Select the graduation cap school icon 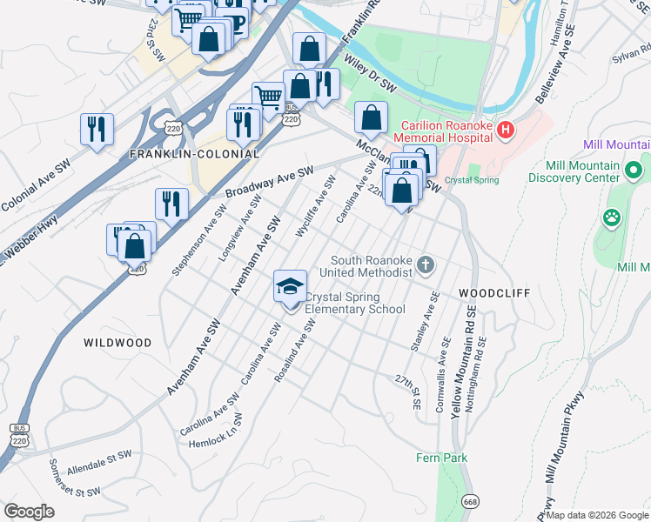[x=291, y=286]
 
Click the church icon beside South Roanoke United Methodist [x=426, y=264]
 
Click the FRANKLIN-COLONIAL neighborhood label [x=194, y=154]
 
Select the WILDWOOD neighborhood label [x=117, y=343]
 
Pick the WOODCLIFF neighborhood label [x=494, y=294]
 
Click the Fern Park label [x=442, y=458]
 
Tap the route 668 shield [x=471, y=501]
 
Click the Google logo [x=29, y=512]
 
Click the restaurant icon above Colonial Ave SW [x=97, y=130]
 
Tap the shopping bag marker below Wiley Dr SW [x=371, y=118]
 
